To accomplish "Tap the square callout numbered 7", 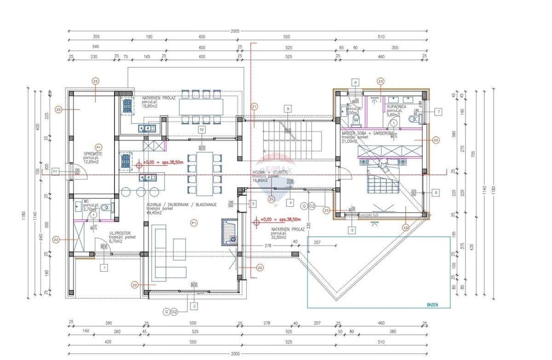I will click(x=438, y=111).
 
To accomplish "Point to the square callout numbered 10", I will click(x=201, y=130).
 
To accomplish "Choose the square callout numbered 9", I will click(x=287, y=109).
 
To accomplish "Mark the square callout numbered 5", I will click(x=352, y=230).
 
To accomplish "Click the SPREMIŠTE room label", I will click(x=92, y=154).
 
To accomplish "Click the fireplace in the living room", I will click(x=229, y=232).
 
